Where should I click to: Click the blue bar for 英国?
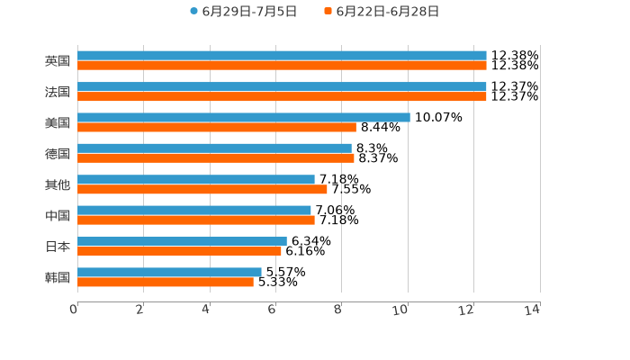point(282,56)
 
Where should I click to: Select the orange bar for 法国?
point(282,96)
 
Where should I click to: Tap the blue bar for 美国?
point(243,117)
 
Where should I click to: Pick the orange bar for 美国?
point(216,127)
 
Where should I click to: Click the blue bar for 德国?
point(214,148)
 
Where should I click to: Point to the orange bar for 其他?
point(202,189)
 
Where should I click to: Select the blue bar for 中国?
point(194,211)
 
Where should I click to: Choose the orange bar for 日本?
point(179,251)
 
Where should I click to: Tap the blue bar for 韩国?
point(169,272)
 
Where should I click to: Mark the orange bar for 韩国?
point(166,282)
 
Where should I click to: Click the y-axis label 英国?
point(58,61)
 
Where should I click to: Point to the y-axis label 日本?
point(58,247)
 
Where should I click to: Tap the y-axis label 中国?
point(58,216)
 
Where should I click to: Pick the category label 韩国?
point(58,277)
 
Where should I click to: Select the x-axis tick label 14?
point(533,310)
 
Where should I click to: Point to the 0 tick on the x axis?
point(74,310)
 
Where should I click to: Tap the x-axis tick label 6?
point(272,310)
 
